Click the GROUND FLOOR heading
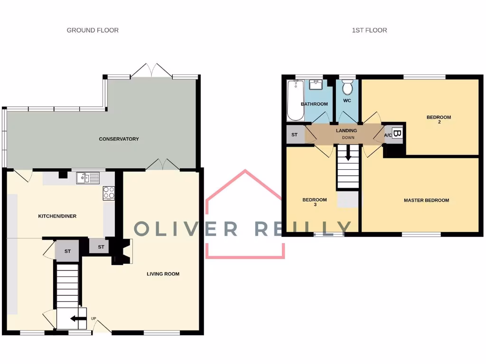point(93,30)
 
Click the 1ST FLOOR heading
point(369,30)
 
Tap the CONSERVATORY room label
point(119,139)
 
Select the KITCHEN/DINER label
point(57,216)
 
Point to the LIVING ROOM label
point(163,274)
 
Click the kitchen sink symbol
point(87,178)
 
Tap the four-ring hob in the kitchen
point(109,193)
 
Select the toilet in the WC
point(347,88)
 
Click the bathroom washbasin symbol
point(316,85)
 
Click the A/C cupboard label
point(388,135)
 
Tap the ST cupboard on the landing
point(294,135)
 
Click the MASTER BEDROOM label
point(426,200)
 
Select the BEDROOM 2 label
point(439,119)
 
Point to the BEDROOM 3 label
point(315,202)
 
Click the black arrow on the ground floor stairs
point(75,319)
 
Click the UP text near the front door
point(93,318)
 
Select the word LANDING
point(346,130)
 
